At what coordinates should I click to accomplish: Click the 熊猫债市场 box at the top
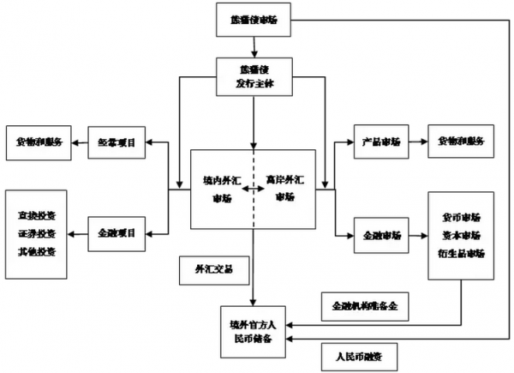coord(254,19)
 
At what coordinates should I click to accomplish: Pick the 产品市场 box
coord(378,141)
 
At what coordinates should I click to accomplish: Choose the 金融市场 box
coord(378,235)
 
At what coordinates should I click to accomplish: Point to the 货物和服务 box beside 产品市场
coord(461,141)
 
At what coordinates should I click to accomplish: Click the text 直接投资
coord(37,213)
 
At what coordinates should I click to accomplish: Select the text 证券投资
coord(37,232)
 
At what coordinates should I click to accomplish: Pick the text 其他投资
coord(37,251)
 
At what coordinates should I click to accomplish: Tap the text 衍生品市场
coord(461,253)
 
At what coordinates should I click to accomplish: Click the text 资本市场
coord(461,235)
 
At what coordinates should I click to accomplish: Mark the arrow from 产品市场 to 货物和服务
coord(416,141)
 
